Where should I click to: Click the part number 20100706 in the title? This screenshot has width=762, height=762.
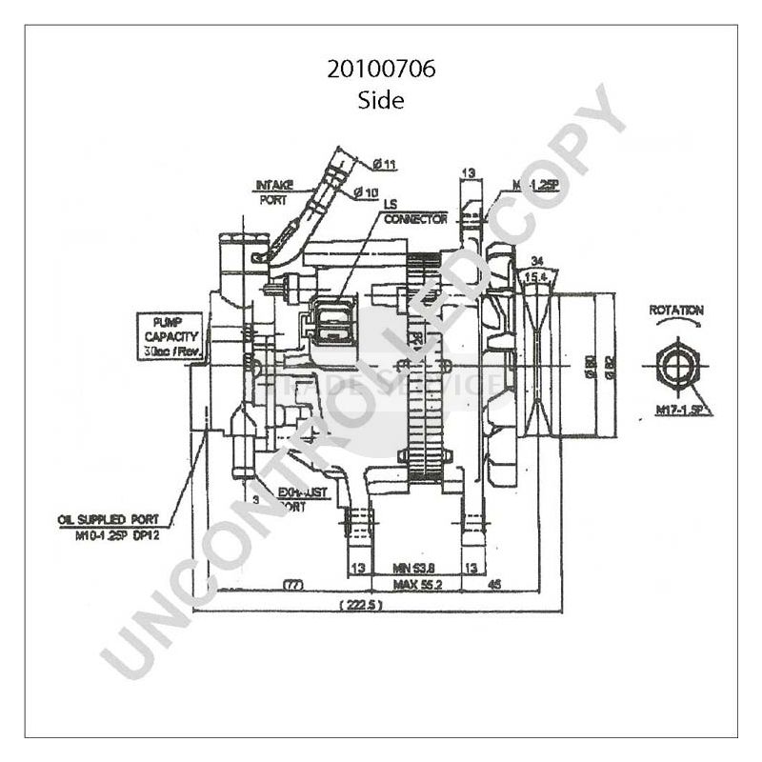381,70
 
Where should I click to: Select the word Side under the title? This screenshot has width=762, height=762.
381,100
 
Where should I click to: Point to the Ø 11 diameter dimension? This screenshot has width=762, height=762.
383,165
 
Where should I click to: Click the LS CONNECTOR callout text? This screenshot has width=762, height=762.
414,212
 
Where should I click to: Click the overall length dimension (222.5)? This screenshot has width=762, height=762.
360,605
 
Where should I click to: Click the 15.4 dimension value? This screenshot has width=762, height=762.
536,276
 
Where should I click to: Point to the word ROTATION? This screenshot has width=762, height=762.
676,311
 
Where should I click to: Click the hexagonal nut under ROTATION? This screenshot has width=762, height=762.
677,362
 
